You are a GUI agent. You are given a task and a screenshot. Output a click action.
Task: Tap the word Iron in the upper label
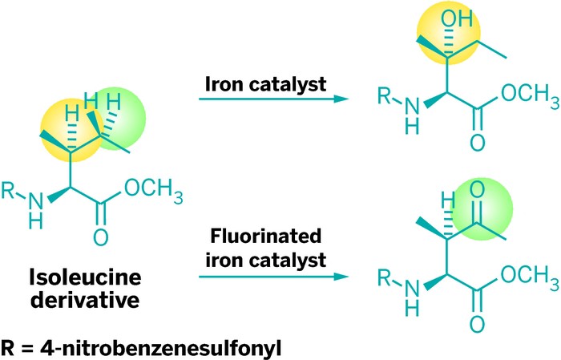click(x=228, y=83)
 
